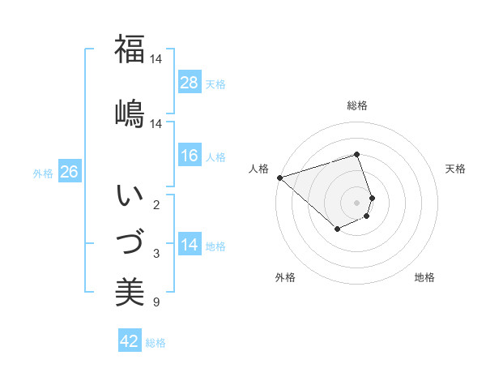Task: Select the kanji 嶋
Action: click(130, 113)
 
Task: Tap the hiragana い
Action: click(130, 197)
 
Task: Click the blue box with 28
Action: click(190, 83)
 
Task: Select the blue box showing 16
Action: click(190, 156)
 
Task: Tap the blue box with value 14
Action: click(190, 245)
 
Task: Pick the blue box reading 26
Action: click(70, 172)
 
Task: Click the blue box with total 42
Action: click(130, 341)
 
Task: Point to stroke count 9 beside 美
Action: click(156, 303)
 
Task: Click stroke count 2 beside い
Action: click(156, 205)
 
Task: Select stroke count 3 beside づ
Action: click(156, 254)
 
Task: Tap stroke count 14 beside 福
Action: click(156, 59)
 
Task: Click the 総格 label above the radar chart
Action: click(357, 105)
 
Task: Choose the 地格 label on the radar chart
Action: click(424, 277)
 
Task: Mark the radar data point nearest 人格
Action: click(279, 178)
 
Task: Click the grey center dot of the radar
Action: click(357, 201)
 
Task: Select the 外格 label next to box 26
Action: click(43, 173)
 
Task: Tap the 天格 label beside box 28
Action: click(215, 83)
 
